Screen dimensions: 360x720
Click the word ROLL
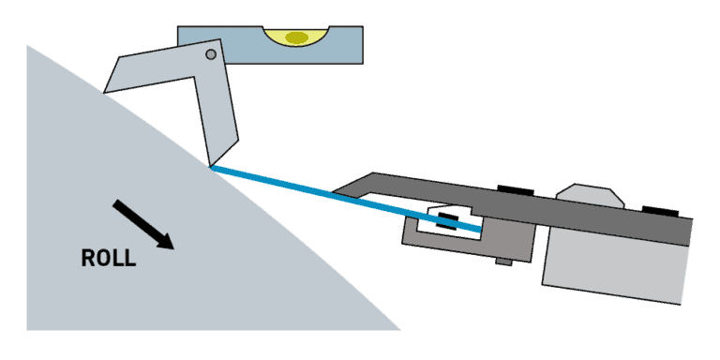click(109, 259)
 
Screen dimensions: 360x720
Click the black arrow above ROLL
click(143, 224)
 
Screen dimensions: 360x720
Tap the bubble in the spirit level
click(297, 38)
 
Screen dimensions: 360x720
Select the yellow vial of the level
click(296, 37)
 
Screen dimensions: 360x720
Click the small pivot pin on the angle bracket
click(211, 55)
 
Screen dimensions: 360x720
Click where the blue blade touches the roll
click(213, 168)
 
